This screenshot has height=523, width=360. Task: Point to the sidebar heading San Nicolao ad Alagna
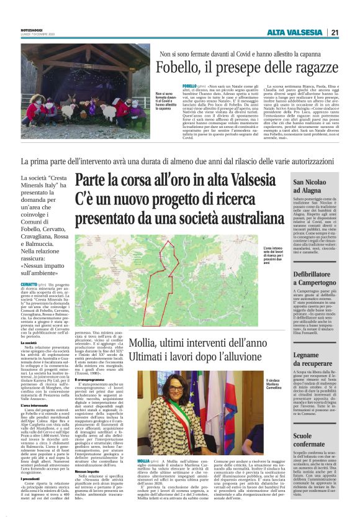tap(316, 187)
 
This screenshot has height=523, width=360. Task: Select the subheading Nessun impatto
tap(87, 472)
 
